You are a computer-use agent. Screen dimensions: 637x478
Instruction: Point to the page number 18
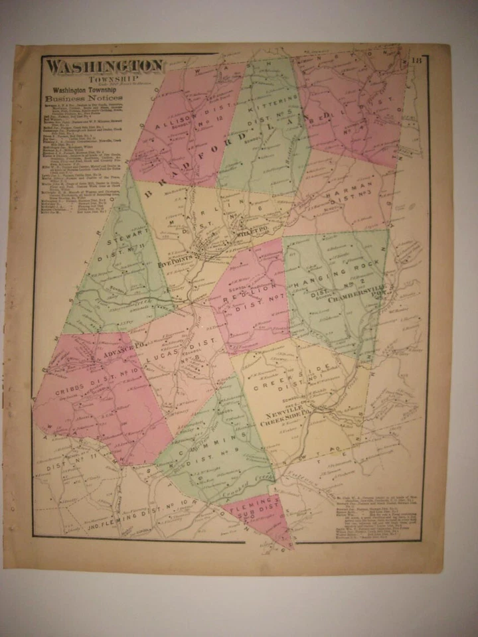[x=416, y=61]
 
